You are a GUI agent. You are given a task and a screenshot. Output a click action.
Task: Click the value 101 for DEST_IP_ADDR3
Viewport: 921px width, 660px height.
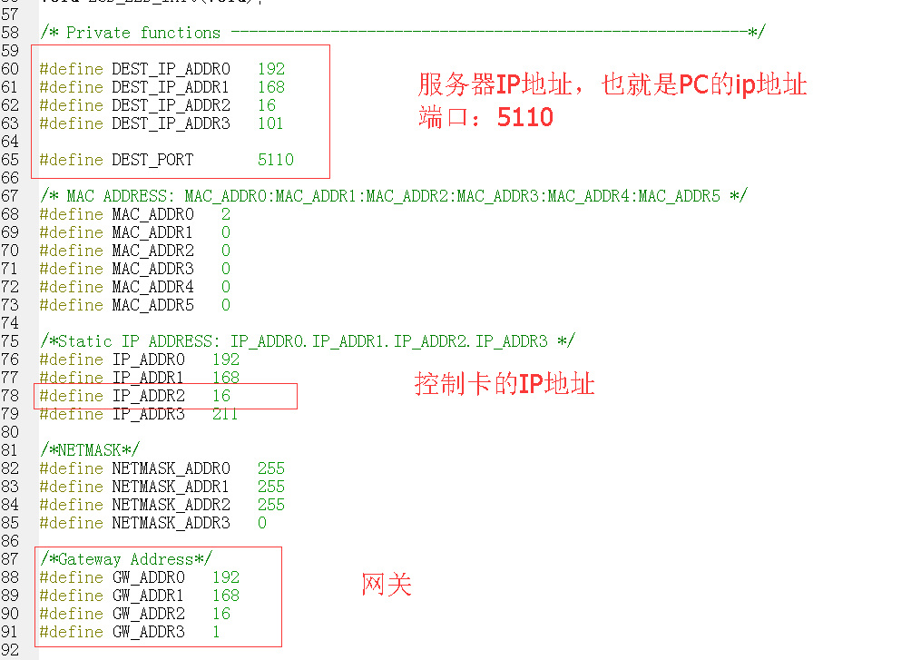(x=270, y=123)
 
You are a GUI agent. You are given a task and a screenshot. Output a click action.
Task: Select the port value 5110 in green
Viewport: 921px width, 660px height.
(x=275, y=160)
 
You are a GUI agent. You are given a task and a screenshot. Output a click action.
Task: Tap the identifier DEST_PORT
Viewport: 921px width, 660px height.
(x=152, y=160)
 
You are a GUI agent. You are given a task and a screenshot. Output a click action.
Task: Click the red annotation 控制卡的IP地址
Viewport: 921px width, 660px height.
(x=505, y=384)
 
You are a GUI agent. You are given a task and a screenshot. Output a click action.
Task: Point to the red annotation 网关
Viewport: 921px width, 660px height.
(x=387, y=585)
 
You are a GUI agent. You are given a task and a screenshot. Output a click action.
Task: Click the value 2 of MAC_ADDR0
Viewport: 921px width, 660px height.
(x=226, y=214)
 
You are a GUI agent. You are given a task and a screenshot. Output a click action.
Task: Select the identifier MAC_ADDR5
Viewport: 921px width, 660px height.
(x=152, y=305)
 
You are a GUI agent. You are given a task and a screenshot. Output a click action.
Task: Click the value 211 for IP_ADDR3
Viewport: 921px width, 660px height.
(x=225, y=414)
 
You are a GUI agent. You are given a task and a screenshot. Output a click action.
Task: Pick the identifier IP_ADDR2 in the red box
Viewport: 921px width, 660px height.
(x=148, y=396)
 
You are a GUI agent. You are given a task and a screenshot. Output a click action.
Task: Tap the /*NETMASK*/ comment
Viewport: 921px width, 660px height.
(x=90, y=450)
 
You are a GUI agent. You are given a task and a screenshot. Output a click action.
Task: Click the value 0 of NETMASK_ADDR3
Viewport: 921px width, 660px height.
(x=262, y=523)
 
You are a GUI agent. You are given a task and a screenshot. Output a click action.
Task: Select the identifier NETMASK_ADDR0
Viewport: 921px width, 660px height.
(x=171, y=468)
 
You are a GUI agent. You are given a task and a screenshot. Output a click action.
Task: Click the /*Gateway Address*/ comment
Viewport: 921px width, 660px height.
(x=125, y=559)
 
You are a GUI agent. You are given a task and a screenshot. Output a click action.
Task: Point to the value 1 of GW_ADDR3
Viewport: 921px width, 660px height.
(x=216, y=632)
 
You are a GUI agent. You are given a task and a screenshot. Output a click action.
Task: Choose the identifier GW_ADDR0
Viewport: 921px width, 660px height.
(x=148, y=577)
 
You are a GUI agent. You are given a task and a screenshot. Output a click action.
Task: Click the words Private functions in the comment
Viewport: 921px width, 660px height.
(x=143, y=33)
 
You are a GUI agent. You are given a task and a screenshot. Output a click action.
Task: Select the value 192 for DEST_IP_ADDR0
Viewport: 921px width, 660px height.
(x=270, y=69)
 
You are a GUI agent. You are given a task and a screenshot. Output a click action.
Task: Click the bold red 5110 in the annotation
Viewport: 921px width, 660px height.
(x=524, y=117)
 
